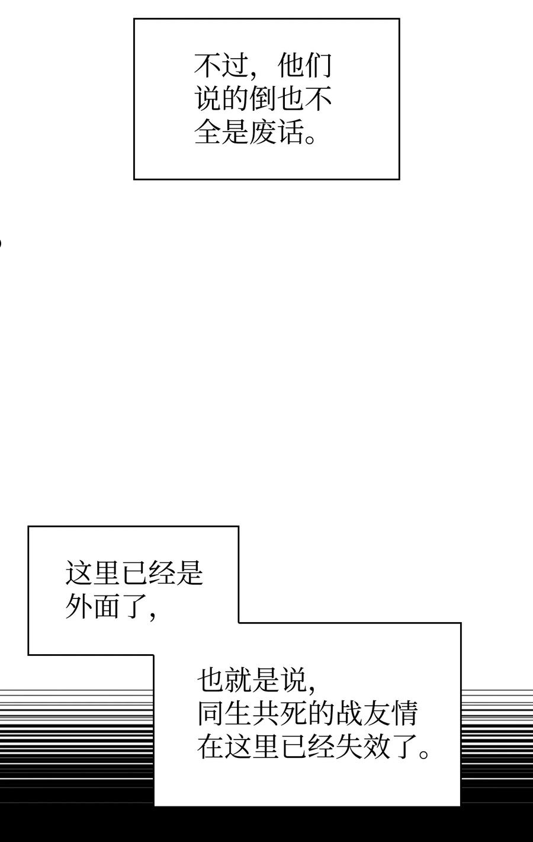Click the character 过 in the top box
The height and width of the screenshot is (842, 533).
[235, 66]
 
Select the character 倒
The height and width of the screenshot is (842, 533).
[262, 99]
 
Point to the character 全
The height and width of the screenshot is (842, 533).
[208, 132]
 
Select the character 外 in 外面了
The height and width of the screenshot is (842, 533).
[79, 607]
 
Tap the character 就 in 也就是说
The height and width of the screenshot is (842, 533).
[239, 681]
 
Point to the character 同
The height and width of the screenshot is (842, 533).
[211, 714]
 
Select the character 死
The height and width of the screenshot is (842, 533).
[294, 714]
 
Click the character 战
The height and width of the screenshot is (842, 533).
[349, 714]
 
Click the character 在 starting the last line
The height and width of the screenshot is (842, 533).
[211, 747]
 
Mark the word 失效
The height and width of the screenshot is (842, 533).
[363, 747]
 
